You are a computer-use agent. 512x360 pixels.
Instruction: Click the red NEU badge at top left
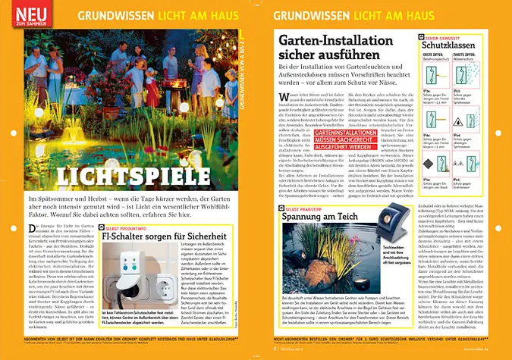(x=27, y=14)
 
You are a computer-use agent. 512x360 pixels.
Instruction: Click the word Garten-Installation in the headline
(x=325, y=42)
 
